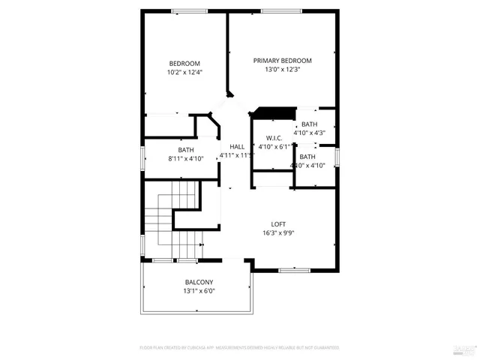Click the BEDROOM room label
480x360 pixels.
(x=184, y=63)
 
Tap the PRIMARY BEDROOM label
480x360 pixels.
(x=282, y=61)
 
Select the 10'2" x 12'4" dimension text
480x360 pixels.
(x=184, y=73)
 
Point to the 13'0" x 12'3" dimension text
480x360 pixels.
(x=282, y=70)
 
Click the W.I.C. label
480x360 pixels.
(x=274, y=138)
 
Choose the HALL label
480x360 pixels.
(x=237, y=146)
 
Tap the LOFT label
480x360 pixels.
(x=278, y=223)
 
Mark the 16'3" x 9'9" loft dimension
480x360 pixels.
(x=278, y=232)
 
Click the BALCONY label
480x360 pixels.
(x=199, y=282)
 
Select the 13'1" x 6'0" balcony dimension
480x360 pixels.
(x=199, y=291)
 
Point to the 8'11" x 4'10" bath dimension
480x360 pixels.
(x=185, y=158)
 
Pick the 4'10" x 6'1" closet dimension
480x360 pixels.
(x=274, y=147)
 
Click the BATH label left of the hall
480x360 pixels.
(x=185, y=149)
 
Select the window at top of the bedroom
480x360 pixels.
(x=185, y=10)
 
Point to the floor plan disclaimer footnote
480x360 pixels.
(x=239, y=348)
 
